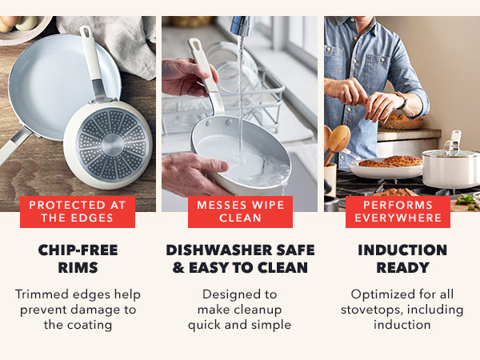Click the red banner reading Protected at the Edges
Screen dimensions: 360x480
(78, 212)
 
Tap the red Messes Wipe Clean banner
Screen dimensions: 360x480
(240, 212)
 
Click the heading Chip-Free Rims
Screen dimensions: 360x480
(78, 258)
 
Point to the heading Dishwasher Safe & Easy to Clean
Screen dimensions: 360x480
(240, 258)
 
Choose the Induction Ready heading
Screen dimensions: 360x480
(402, 258)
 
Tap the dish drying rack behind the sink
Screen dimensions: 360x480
(264, 96)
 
